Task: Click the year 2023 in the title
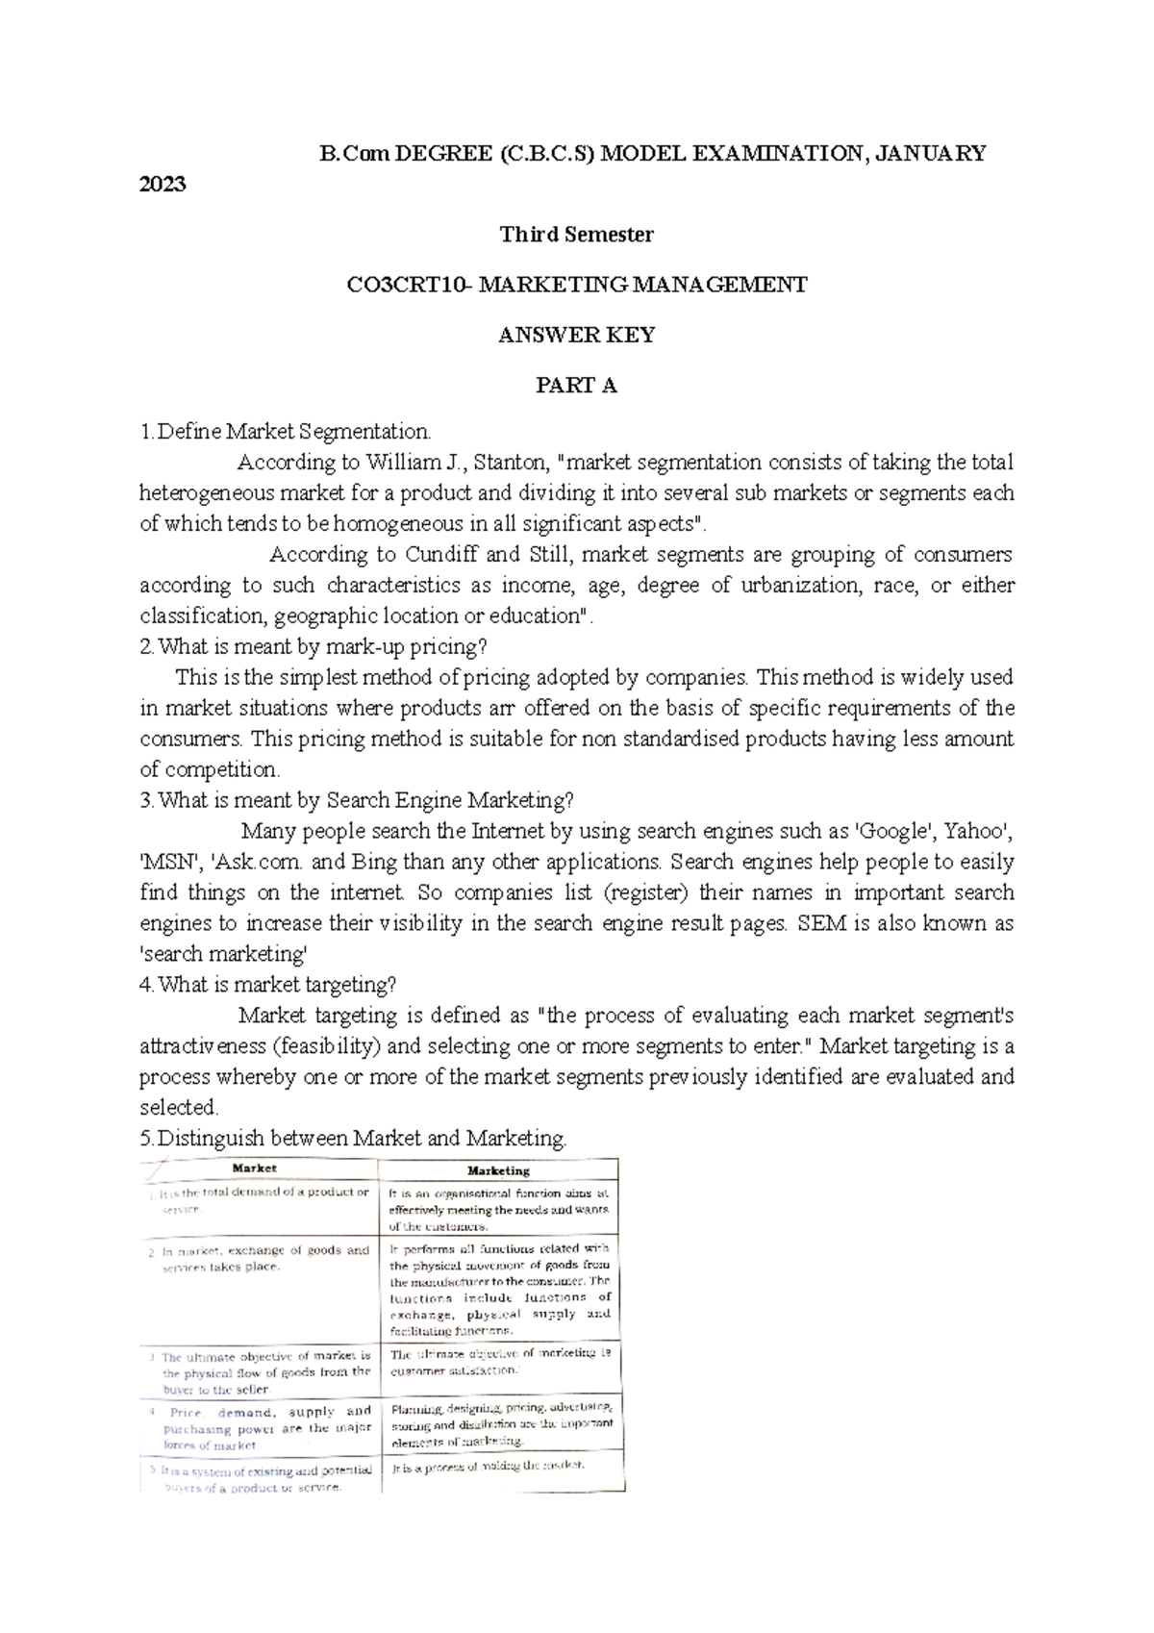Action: point(163,185)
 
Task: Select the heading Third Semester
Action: point(576,235)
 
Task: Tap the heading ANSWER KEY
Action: point(576,336)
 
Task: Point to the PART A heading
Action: point(576,387)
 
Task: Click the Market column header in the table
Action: point(255,1168)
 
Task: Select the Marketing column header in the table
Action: point(498,1170)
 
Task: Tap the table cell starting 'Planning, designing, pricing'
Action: point(500,1423)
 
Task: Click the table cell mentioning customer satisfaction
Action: point(500,1361)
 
